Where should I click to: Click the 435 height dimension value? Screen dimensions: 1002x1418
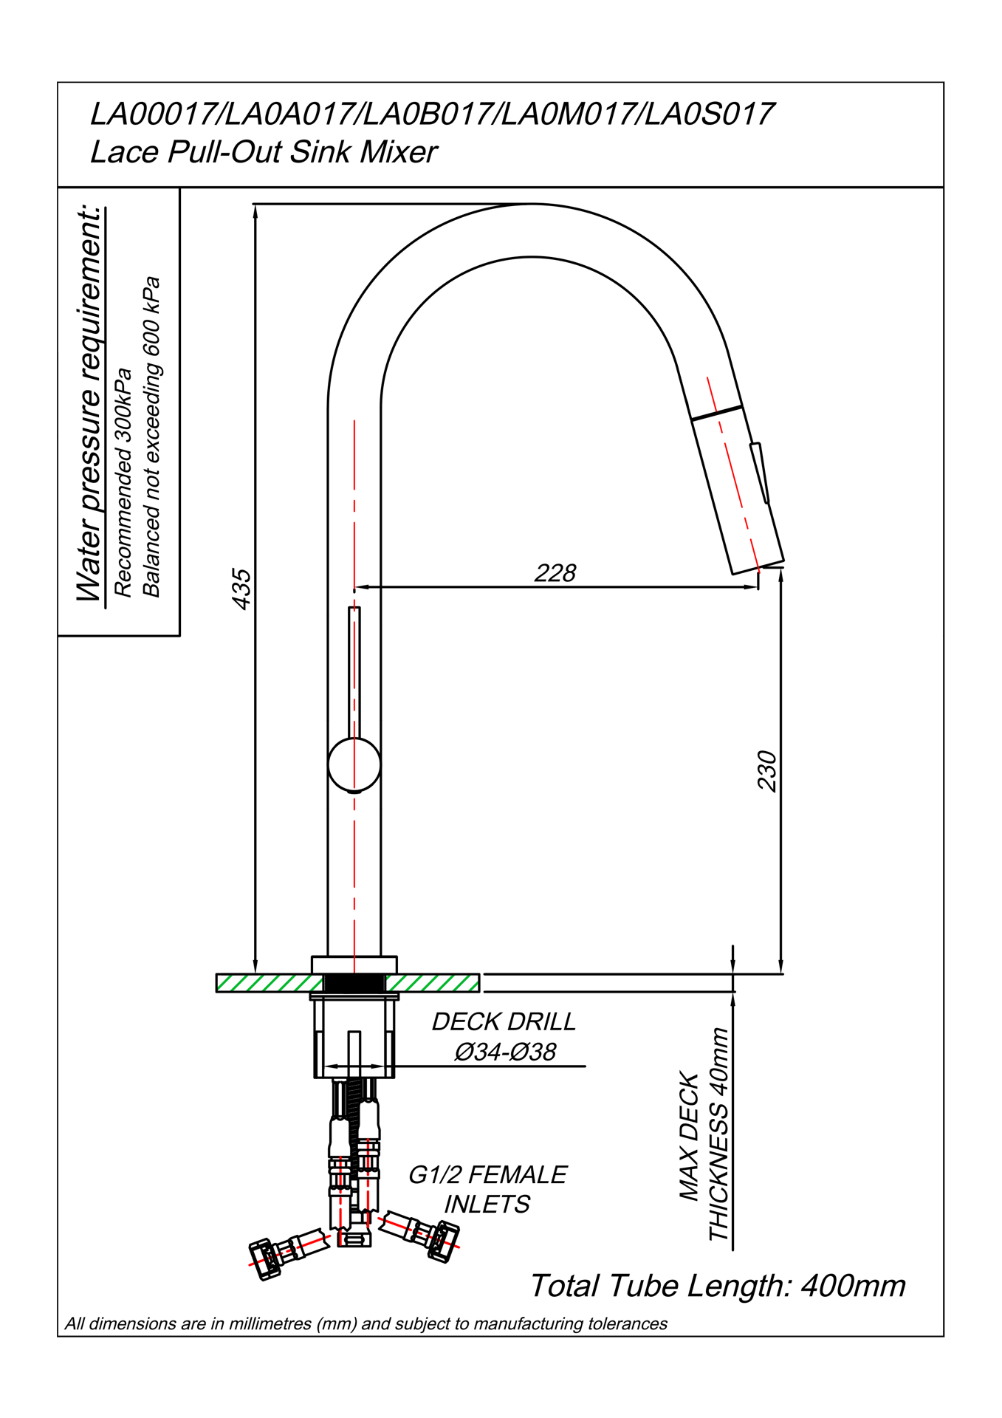pyautogui.click(x=241, y=589)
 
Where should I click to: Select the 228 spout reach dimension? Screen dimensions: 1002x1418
pyautogui.click(x=555, y=572)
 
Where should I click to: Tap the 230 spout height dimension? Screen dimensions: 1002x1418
pyautogui.click(x=767, y=771)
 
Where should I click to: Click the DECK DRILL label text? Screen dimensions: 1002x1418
pyautogui.click(x=504, y=1021)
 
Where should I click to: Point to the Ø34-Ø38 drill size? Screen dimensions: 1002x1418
pyautogui.click(x=505, y=1052)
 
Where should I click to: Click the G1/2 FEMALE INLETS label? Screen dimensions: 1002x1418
pyautogui.click(x=487, y=1189)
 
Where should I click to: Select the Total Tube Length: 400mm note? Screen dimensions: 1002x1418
pyautogui.click(x=718, y=1286)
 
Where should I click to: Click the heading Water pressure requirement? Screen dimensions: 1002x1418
pyautogui.click(x=89, y=404)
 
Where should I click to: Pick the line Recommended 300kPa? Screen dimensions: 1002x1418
pyautogui.click(x=123, y=482)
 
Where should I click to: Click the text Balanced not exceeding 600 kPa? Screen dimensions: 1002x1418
pyautogui.click(x=151, y=436)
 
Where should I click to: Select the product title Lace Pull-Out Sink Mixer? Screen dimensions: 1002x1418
pyautogui.click(x=264, y=152)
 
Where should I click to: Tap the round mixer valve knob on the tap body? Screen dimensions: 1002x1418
pyautogui.click(x=354, y=764)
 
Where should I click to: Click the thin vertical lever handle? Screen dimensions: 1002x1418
pyautogui.click(x=354, y=673)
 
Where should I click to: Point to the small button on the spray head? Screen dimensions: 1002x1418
pyautogui.click(x=760, y=473)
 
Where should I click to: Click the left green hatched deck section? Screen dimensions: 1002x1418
pyautogui.click(x=270, y=983)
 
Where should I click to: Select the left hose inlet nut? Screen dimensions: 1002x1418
pyautogui.click(x=264, y=1260)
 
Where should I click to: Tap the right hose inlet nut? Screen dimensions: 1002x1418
pyautogui.click(x=444, y=1242)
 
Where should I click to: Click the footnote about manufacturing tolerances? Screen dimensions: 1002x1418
pyautogui.click(x=366, y=1323)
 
